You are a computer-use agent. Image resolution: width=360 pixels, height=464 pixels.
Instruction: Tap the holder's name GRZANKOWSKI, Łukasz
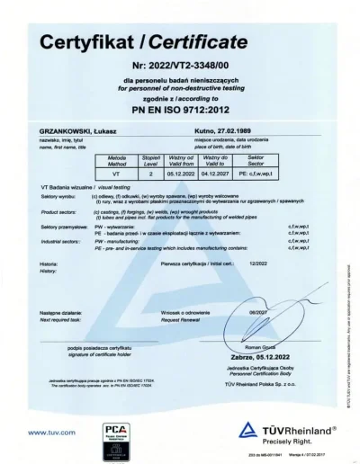tap(68, 132)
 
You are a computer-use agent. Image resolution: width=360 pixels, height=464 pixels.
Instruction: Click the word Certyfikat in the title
tap(88, 43)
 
